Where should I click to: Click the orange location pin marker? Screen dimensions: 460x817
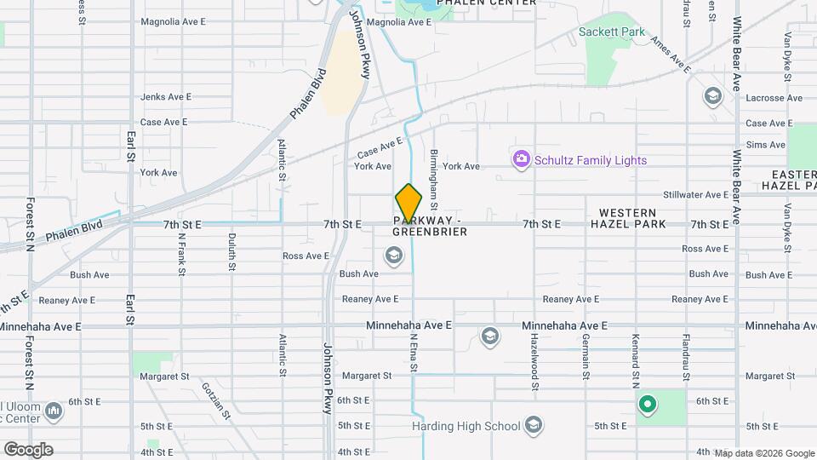click(x=408, y=204)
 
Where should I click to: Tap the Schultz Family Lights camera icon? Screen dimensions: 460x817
click(x=521, y=159)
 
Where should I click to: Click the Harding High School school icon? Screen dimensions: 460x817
click(x=534, y=426)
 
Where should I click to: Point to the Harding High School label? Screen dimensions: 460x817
click(x=466, y=426)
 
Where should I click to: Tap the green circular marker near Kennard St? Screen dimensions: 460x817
click(x=647, y=405)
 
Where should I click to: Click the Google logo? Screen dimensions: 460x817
click(x=28, y=449)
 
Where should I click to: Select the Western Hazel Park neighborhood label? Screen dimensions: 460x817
click(x=627, y=218)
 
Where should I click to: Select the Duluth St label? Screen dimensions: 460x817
click(x=231, y=253)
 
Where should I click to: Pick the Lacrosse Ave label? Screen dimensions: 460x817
click(x=774, y=98)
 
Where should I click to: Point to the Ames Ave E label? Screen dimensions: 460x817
click(x=670, y=52)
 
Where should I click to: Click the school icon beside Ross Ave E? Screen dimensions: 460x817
click(x=393, y=255)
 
